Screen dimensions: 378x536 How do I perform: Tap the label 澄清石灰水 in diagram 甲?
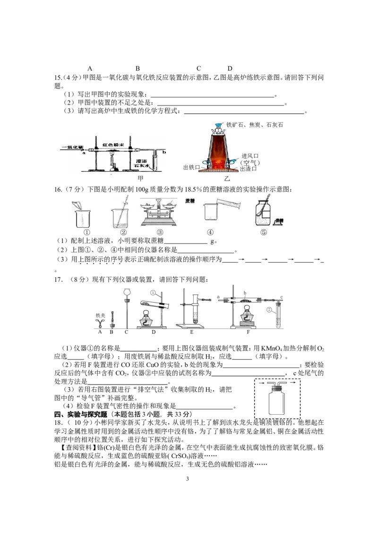point(142,163)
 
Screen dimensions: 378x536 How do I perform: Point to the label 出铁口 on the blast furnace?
point(191,167)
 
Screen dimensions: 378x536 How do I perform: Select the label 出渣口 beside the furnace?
point(248,169)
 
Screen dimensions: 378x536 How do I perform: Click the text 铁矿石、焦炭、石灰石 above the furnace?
point(255,125)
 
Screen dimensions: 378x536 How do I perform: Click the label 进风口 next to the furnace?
point(250,156)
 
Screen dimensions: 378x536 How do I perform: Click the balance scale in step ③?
point(159,212)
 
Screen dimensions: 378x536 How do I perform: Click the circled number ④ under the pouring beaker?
point(210,232)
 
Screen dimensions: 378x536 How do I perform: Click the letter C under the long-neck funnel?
point(126,332)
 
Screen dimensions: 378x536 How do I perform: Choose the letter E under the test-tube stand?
point(191,332)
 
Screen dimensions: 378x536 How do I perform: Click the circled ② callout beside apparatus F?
point(269,310)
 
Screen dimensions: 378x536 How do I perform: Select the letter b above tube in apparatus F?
point(245,293)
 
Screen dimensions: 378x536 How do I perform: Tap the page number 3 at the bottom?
point(188,479)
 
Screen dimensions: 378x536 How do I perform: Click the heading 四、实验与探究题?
point(80,414)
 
